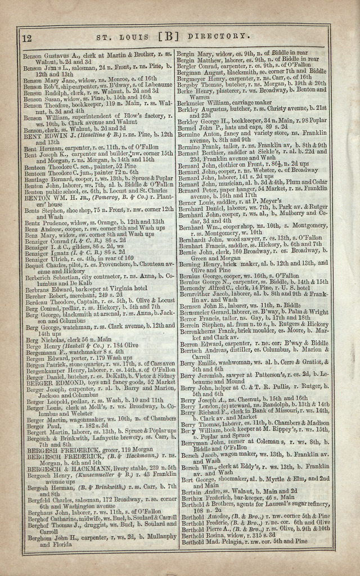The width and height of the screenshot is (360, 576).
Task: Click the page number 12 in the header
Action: point(26,38)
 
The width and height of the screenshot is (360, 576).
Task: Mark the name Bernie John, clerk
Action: point(193,251)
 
